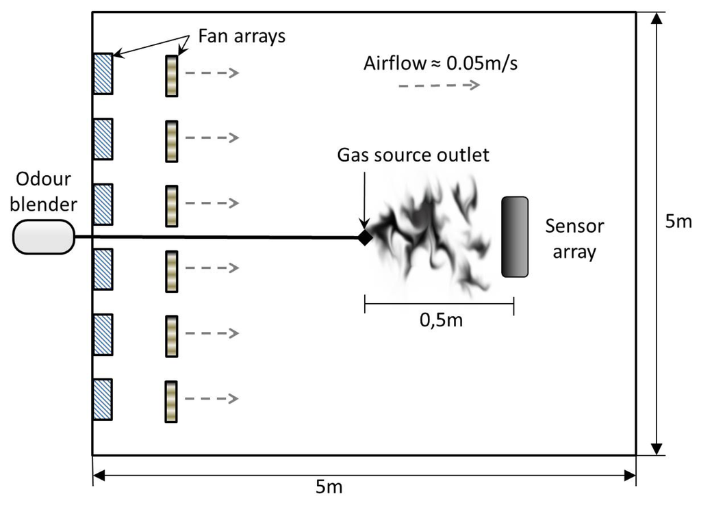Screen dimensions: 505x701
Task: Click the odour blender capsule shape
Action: tap(42, 237)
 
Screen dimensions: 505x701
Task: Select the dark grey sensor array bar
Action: tap(514, 237)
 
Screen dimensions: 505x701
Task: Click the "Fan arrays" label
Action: tap(241, 36)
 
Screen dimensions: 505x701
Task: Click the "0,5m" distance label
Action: tap(439, 320)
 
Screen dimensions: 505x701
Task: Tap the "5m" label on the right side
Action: tap(678, 222)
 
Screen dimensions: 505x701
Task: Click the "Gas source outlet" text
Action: tap(413, 155)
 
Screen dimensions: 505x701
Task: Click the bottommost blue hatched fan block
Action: tap(103, 399)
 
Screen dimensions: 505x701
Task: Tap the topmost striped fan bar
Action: tap(171, 74)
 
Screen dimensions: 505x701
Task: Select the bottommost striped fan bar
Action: tap(171, 399)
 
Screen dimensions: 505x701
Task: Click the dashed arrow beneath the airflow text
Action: tap(438, 86)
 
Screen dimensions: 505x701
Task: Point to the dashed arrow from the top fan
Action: tap(212, 73)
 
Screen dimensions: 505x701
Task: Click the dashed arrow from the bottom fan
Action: tap(212, 398)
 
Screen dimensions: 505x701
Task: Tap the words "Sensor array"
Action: tap(574, 238)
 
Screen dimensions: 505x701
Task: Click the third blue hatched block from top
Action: tap(103, 204)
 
